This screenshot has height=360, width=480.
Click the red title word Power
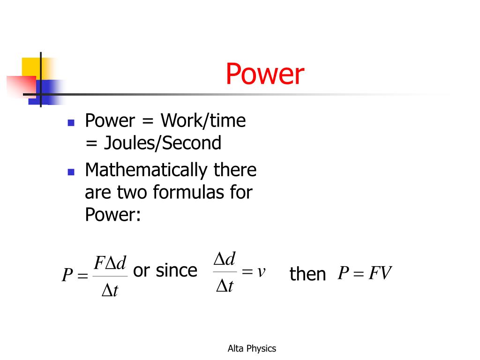(265, 75)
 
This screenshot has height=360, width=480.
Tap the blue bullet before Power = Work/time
(71, 123)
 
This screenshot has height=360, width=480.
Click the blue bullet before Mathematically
(71, 172)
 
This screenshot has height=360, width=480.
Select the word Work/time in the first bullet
(203, 121)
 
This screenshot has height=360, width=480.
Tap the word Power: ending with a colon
(112, 214)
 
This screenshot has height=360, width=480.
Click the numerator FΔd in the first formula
(110, 263)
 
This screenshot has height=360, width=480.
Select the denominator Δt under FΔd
(110, 291)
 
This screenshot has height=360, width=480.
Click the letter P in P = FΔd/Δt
(67, 275)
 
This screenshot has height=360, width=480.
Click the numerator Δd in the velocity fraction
(225, 258)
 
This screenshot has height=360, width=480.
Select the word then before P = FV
(307, 274)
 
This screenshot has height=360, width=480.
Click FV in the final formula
(380, 273)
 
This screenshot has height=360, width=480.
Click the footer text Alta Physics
(252, 348)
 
